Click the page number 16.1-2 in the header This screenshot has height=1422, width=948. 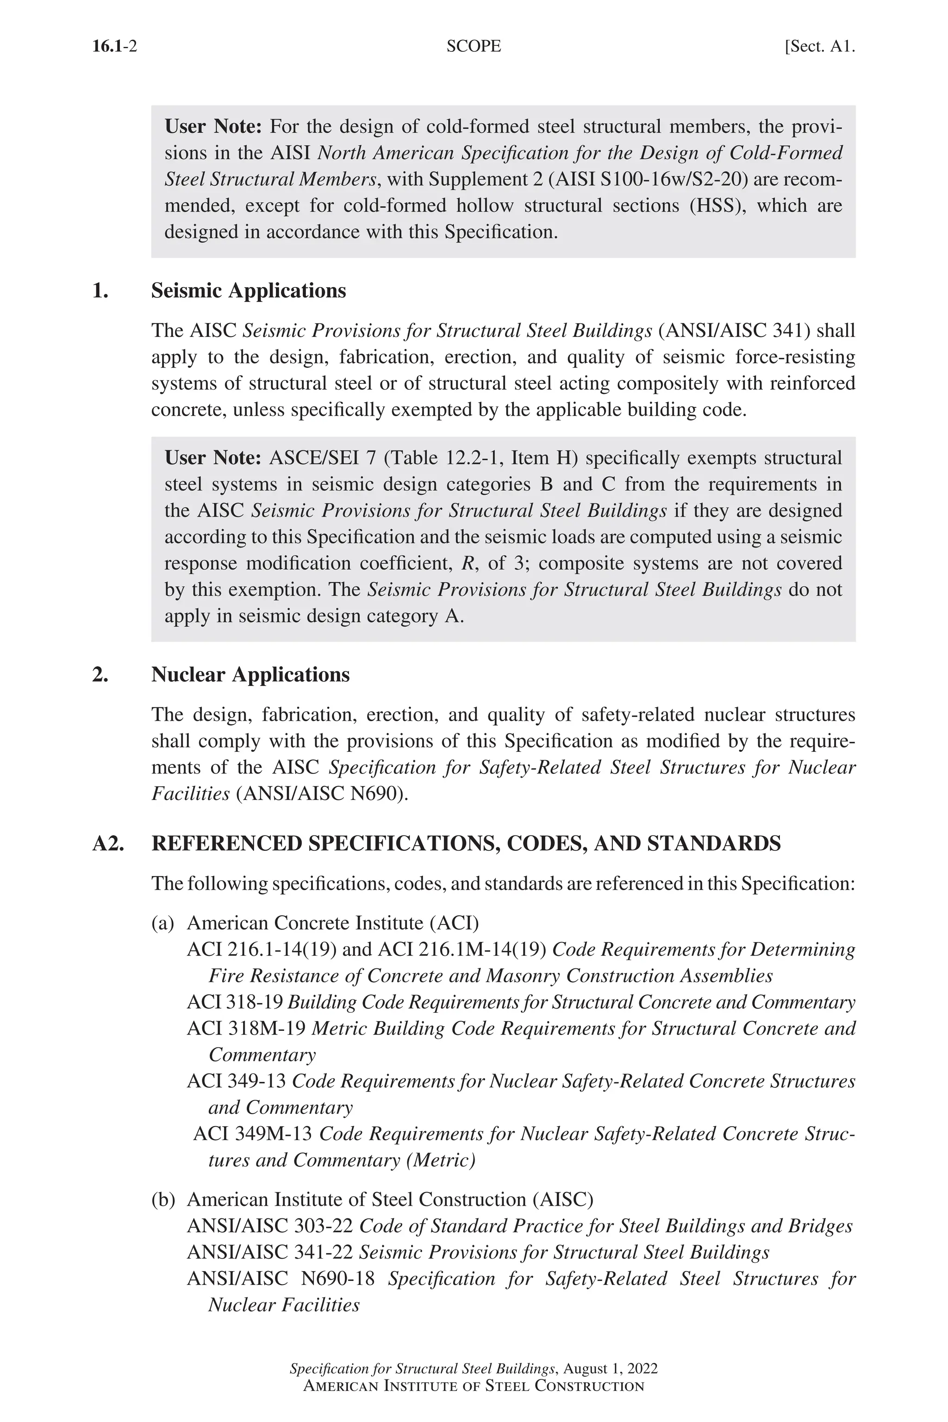click(x=114, y=47)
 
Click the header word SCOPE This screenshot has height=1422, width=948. click(x=474, y=47)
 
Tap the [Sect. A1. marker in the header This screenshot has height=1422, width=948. click(x=819, y=47)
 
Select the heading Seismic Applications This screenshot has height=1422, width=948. click(x=249, y=291)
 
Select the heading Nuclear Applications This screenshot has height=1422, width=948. click(x=250, y=675)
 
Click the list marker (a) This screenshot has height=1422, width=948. click(x=162, y=923)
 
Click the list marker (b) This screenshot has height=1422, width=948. click(x=162, y=1199)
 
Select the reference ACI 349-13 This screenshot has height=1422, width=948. click(x=237, y=1081)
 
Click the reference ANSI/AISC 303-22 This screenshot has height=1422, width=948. click(x=270, y=1226)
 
